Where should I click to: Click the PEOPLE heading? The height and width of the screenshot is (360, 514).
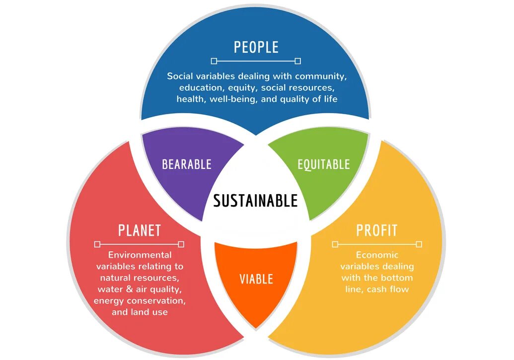coord(256,47)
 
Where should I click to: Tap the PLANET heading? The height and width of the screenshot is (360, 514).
coord(140,230)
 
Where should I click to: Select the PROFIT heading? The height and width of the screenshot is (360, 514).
coord(377,230)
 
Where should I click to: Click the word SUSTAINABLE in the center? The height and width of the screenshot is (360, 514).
coord(255,201)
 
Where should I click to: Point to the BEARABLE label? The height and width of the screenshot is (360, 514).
coord(187,164)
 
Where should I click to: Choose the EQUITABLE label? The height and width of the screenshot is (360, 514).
coord(323,164)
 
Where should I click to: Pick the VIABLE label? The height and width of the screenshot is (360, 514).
coord(256,279)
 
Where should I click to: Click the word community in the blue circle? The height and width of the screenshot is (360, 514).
coord(320,76)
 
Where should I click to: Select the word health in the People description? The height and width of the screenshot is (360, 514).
coord(190,99)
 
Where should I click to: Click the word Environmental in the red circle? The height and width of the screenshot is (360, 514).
coord(140,255)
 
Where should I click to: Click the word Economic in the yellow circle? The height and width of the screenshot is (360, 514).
coord(377,255)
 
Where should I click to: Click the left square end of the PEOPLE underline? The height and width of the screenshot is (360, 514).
coord(214,61)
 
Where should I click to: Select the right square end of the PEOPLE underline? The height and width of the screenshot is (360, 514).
coord(297,61)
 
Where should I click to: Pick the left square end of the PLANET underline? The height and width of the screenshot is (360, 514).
coord(97,244)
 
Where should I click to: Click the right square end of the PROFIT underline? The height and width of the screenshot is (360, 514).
coord(419,244)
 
